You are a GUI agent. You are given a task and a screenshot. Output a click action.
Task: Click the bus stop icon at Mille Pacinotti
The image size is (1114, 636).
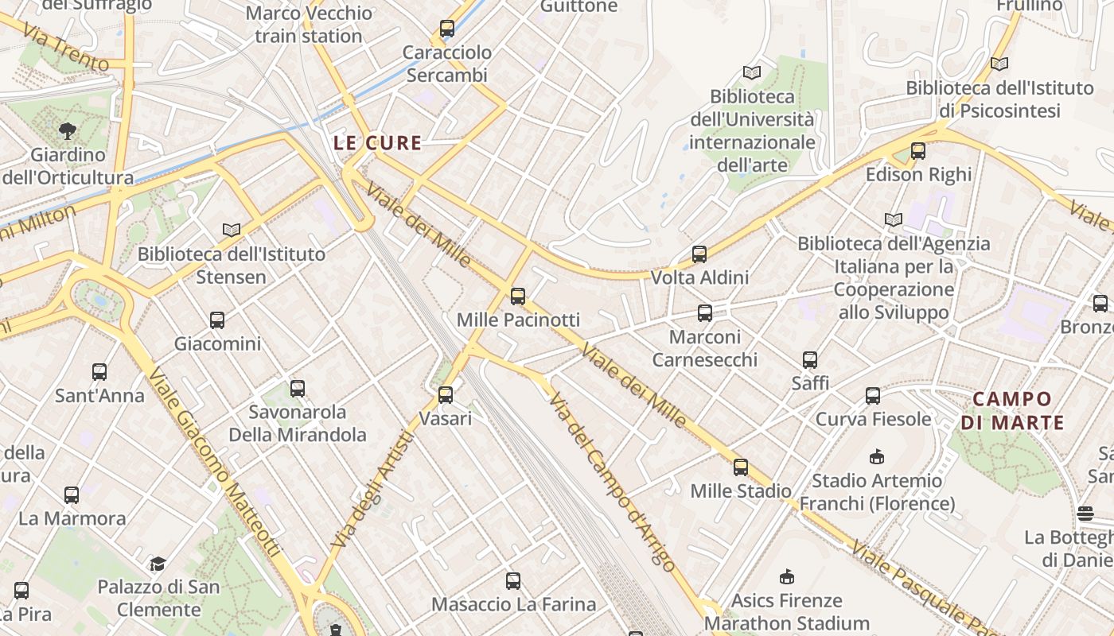coord(518,297)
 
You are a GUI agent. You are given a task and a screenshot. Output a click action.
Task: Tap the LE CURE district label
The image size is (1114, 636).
coord(377,143)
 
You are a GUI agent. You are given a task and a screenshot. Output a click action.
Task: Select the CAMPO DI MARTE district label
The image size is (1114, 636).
coord(1012,410)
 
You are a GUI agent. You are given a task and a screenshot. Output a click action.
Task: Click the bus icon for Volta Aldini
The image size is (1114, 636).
coord(699,254)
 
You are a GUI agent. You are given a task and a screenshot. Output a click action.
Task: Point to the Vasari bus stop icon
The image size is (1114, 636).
coord(446,394)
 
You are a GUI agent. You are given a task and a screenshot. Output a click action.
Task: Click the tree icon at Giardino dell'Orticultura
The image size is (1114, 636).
coord(68,130)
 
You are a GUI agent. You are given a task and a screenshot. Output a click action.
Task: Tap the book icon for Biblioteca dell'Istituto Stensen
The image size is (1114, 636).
coord(232,230)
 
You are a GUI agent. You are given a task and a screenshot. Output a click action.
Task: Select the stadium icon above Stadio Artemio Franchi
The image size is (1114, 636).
coord(877,456)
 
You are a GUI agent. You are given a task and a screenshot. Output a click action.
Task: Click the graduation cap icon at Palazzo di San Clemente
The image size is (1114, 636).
coord(158,564)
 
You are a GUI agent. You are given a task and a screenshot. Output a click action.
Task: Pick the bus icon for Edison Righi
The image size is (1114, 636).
coord(918,151)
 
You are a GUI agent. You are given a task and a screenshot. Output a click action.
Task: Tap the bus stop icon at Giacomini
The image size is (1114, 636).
coord(217,320)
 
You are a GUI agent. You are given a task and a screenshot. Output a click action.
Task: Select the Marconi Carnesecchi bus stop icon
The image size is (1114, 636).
coord(705,313)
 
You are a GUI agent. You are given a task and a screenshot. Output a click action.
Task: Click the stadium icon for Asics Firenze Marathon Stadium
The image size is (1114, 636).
coord(787,576)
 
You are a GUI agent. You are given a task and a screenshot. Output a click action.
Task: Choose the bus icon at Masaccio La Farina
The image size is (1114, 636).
coord(513,581)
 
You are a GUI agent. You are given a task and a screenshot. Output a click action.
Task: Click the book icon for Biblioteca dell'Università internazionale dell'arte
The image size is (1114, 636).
coord(751,72)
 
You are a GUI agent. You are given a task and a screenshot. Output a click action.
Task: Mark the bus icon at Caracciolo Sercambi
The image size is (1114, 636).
coord(447,29)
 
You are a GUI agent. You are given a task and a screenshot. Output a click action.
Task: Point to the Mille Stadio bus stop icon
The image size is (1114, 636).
coord(741,467)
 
